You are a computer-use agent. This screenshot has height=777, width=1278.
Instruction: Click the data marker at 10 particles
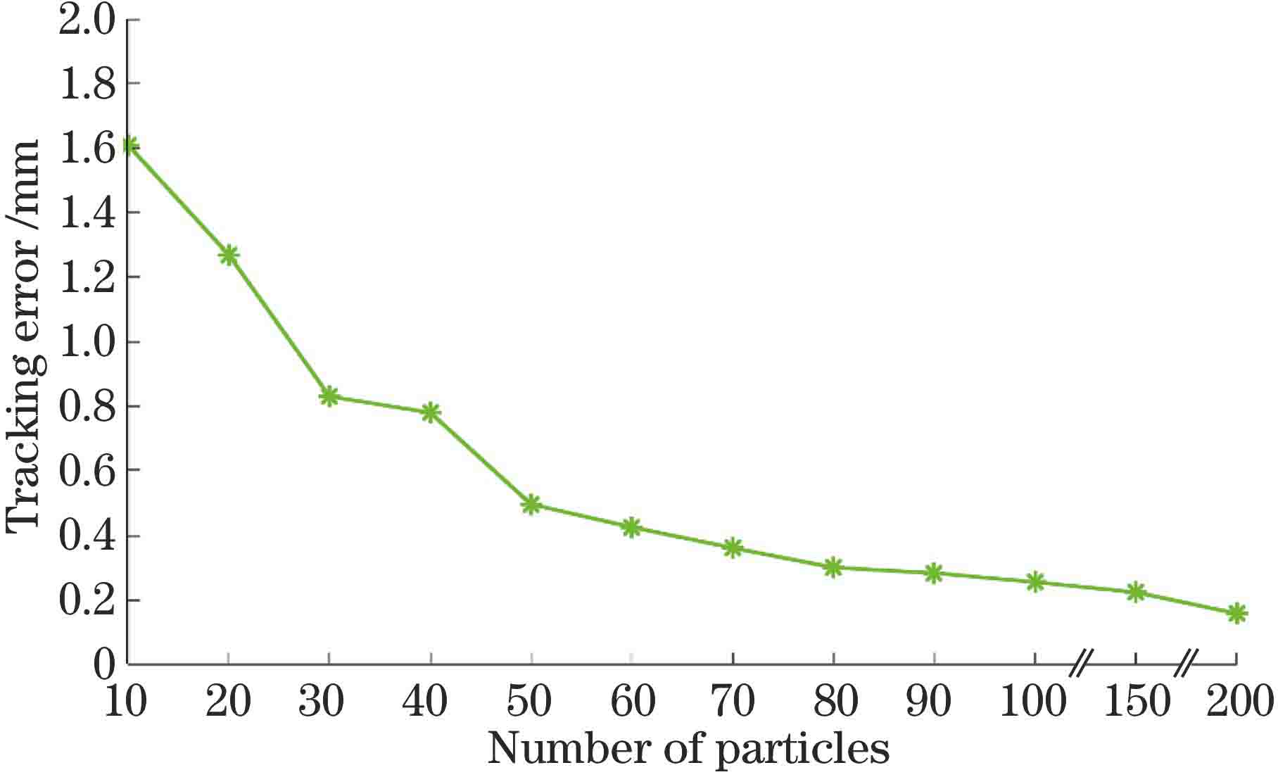[x=129, y=146]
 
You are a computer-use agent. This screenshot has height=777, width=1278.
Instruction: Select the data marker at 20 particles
[x=228, y=255]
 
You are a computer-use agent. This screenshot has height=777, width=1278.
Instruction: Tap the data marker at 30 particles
[x=329, y=396]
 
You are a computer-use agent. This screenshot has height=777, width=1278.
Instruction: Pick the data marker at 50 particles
[x=531, y=504]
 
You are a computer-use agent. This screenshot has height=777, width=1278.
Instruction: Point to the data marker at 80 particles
[x=833, y=567]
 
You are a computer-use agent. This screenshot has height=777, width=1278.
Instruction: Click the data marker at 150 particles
[x=1136, y=592]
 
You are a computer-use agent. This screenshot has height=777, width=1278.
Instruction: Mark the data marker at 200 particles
[x=1236, y=613]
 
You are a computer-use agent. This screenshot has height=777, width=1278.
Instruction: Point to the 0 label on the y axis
[x=103, y=664]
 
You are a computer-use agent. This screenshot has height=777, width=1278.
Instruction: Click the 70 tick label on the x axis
[x=732, y=702]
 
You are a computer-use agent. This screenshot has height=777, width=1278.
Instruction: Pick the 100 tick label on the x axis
[x=1033, y=702]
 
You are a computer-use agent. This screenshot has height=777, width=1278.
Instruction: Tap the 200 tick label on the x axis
[x=1239, y=702]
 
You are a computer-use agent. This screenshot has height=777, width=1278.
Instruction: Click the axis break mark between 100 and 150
[x=1082, y=662]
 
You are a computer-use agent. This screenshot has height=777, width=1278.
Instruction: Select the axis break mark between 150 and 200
[x=1187, y=662]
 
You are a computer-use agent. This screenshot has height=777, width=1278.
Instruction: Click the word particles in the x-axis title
[x=802, y=750]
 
